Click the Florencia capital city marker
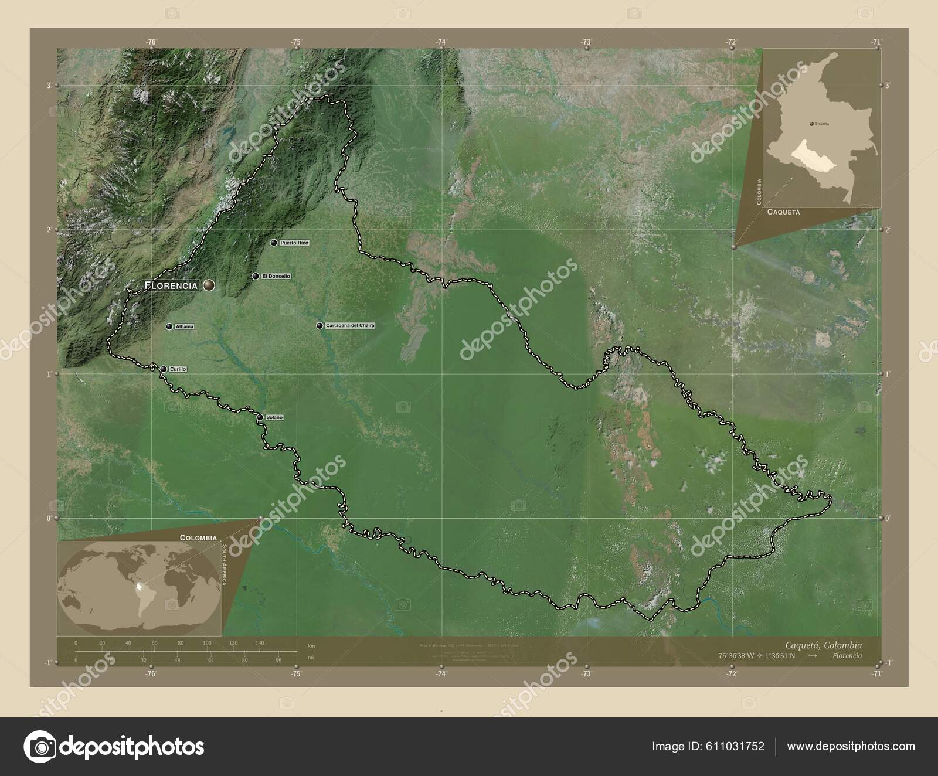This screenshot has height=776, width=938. (x=209, y=285)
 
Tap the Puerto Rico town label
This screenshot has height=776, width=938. (x=294, y=243)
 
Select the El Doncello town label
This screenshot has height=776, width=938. (x=276, y=276)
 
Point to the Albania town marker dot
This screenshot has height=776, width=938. (x=169, y=326)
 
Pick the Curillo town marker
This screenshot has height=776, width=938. (x=164, y=369)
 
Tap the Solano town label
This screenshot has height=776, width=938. (x=274, y=417)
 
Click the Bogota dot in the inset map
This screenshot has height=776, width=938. (x=811, y=124)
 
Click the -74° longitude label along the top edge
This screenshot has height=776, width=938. (x=441, y=42)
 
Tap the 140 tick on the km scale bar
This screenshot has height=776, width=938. (x=260, y=643)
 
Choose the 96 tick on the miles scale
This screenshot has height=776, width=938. (x=278, y=660)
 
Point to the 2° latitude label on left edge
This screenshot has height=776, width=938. (x=49, y=229)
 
